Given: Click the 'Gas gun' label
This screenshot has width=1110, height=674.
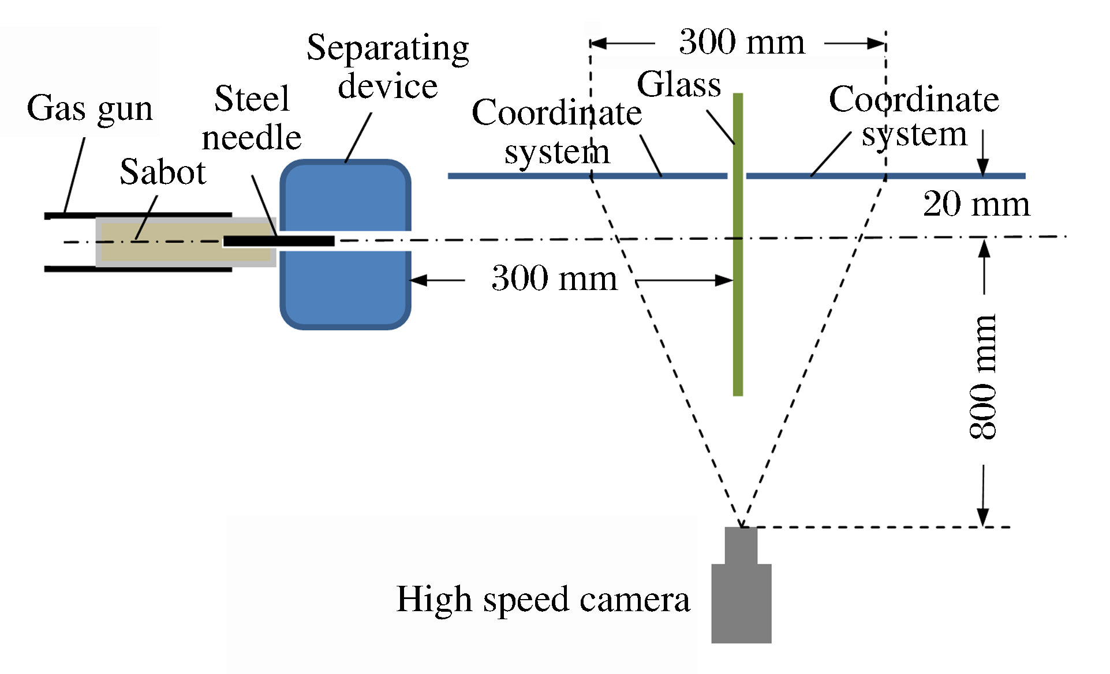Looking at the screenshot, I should (x=90, y=108).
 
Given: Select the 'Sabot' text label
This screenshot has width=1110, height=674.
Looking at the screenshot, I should (x=163, y=172).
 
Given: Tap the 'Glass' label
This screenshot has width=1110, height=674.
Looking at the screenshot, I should (x=679, y=84).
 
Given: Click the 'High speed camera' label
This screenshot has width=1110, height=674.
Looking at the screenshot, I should (x=543, y=599).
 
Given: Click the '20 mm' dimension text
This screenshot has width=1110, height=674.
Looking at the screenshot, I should (x=976, y=204).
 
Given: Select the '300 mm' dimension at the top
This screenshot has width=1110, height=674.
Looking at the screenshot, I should (x=742, y=42).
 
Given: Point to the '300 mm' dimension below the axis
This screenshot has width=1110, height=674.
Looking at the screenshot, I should (x=554, y=278).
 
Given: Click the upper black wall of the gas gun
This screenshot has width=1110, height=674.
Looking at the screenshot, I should (x=139, y=216).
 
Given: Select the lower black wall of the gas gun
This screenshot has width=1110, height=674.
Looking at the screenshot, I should (x=139, y=269).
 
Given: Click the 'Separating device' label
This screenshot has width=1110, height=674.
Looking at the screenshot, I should (x=388, y=66).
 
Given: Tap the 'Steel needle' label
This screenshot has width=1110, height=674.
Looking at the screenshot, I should (x=252, y=118).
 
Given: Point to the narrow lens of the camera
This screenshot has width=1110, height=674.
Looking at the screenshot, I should (x=741, y=545).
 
